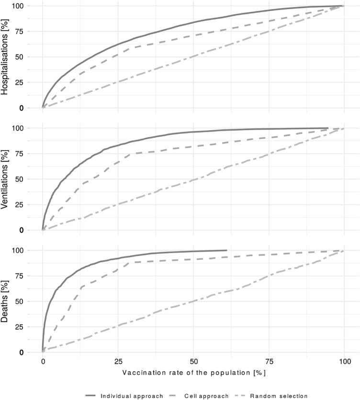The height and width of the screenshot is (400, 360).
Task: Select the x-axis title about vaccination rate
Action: pos(193,372)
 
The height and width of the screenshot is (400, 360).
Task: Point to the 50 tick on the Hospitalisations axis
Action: pos(31,57)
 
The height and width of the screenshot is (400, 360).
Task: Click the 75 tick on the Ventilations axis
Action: pos(31,154)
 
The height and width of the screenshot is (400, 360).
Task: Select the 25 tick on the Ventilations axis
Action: pos(31,204)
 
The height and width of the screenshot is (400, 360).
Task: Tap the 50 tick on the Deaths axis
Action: pos(31,301)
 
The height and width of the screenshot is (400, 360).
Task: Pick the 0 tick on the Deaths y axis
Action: pos(34,352)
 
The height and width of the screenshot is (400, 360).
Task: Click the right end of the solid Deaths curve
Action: pos(226,250)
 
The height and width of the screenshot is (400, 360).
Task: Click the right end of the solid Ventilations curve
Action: pos(327,128)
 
